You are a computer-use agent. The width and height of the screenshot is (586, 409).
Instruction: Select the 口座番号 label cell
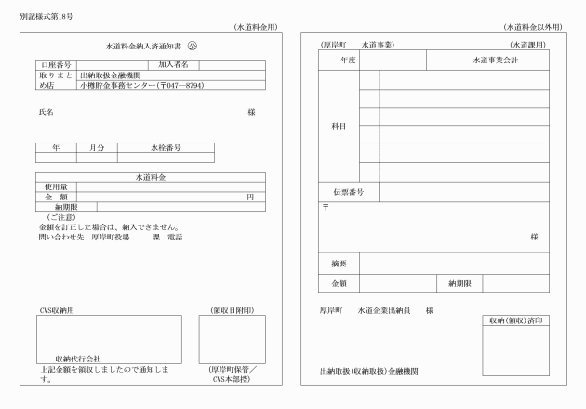coord(56,64)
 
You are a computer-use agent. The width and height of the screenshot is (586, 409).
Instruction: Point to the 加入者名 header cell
coord(174,64)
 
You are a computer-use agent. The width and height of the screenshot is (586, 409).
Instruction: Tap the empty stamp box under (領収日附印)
coord(232,339)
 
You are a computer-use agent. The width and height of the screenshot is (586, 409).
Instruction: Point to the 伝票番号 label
coord(348,192)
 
